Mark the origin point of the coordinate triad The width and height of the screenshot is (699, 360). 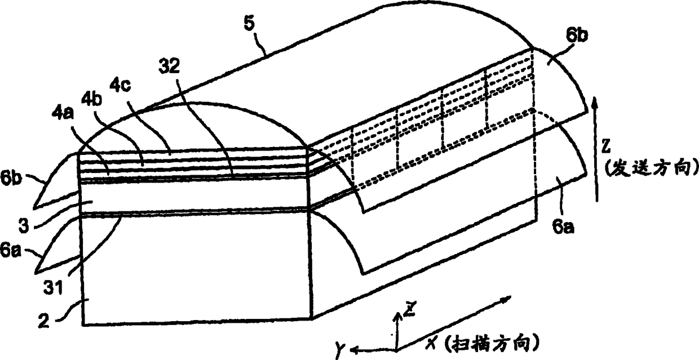click(397, 350)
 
